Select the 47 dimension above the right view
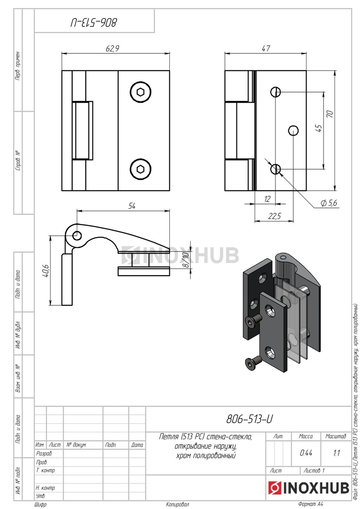pos(266,48)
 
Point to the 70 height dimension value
pos(330,114)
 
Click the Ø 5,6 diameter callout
pos(329,203)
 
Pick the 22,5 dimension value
pos(275,216)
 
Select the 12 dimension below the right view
pos(267,199)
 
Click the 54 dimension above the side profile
pos(132,206)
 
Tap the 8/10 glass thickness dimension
pos(186,260)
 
